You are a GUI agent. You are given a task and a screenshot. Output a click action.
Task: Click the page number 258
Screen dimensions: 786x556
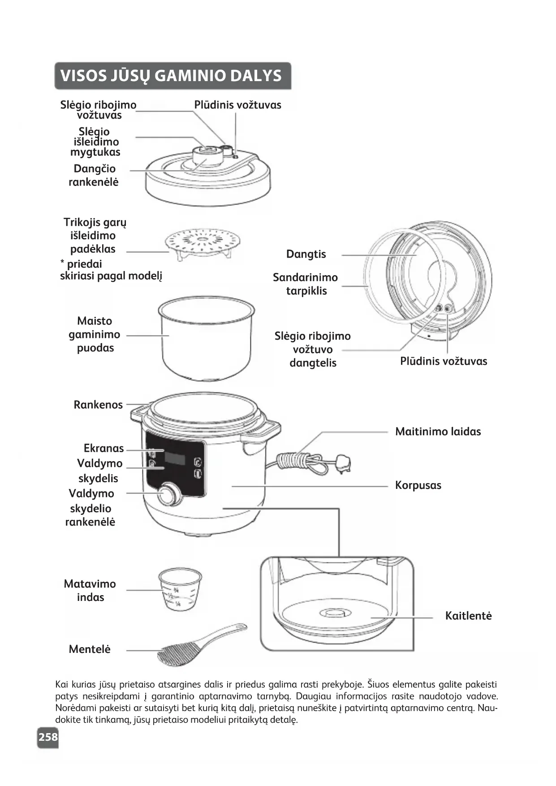[x=48, y=737]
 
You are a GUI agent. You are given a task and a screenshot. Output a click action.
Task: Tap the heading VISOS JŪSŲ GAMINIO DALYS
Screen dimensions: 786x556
[x=171, y=75]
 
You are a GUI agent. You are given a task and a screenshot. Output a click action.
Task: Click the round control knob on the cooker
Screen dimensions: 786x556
[x=168, y=495]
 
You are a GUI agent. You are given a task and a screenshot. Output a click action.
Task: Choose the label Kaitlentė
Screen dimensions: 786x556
[x=468, y=616]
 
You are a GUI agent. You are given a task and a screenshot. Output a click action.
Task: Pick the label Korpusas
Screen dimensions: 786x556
[x=418, y=485]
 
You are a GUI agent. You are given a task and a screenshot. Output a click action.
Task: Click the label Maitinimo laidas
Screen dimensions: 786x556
[x=438, y=432]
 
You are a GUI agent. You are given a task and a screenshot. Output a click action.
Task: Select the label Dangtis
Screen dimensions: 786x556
[x=306, y=254]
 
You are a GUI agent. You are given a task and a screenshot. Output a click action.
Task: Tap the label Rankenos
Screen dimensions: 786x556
[x=98, y=405]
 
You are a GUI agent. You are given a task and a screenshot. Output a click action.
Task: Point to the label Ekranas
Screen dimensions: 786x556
[x=103, y=448]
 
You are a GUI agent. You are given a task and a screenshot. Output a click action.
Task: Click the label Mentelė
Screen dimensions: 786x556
[x=90, y=649]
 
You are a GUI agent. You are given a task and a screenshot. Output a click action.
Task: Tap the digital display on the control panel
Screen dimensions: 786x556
[x=175, y=458]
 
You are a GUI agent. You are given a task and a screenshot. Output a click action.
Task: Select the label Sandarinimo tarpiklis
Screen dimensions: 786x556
[x=306, y=284]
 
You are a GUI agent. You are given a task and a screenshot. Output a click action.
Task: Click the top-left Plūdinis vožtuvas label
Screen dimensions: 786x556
[x=237, y=105]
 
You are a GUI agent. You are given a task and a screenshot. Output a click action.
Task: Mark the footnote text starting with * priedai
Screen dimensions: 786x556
[x=111, y=270]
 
